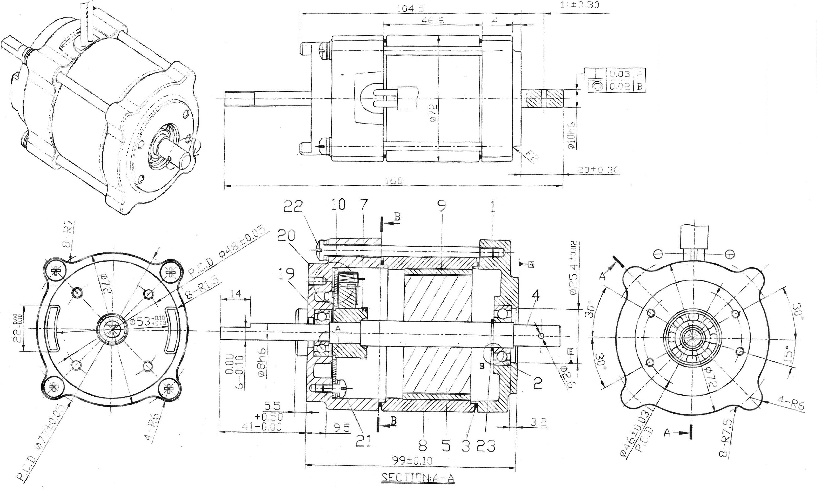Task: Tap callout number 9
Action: (x=442, y=206)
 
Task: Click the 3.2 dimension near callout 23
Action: (x=538, y=422)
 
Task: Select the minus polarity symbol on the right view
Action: (x=658, y=254)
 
